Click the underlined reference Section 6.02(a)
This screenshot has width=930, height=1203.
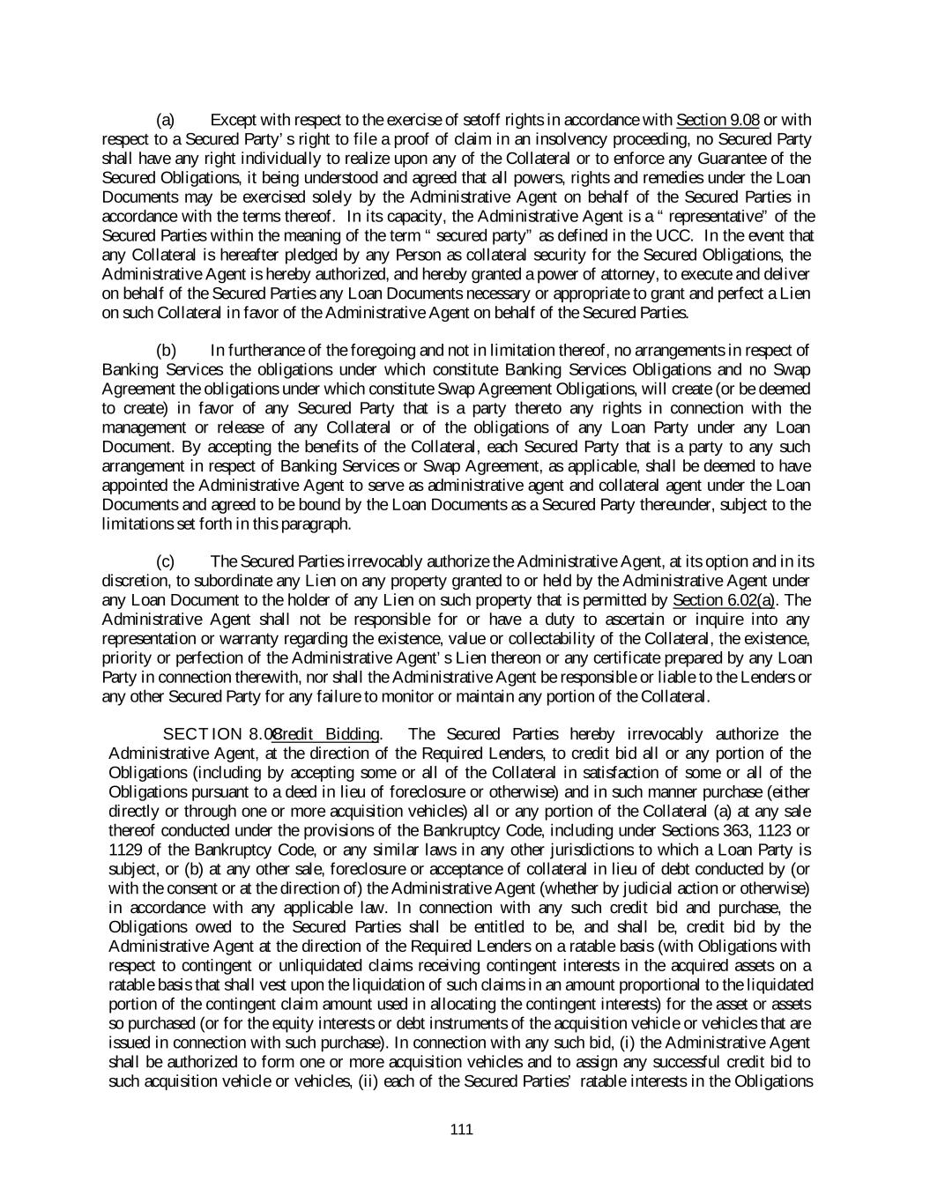tap(717, 600)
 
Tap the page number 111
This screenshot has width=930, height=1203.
tap(461, 1130)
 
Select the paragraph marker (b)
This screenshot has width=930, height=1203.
tap(166, 351)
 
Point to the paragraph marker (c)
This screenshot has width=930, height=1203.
tap(166, 561)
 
